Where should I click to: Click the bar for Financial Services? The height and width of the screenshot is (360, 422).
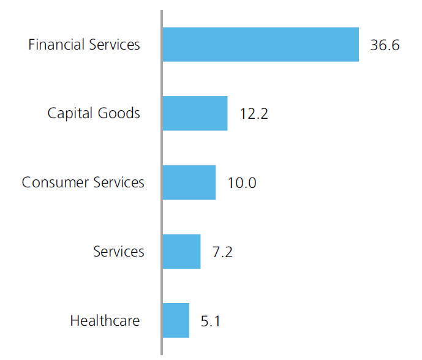point(261,45)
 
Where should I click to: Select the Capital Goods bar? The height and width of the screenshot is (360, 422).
point(195,113)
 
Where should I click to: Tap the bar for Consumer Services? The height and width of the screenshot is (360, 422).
point(189,182)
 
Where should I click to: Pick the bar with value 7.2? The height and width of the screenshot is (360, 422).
point(182,252)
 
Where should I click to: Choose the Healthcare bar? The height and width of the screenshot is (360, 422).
point(176,320)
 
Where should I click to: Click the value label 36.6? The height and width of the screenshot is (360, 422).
point(385,45)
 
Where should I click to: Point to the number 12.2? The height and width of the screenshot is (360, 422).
point(254,113)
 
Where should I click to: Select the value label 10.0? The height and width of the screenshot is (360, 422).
point(242,183)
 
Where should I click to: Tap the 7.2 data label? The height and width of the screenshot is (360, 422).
point(222,252)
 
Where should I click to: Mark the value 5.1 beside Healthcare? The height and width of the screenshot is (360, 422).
point(211,321)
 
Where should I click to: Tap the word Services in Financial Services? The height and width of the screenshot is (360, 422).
point(115,45)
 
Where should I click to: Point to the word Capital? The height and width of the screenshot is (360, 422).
point(70,113)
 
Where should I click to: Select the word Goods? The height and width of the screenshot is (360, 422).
point(119,113)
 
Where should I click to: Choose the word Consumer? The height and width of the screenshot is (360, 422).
point(55,182)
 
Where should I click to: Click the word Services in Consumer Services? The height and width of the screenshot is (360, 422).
point(119,182)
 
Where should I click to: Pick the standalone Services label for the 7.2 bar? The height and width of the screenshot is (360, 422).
point(119,252)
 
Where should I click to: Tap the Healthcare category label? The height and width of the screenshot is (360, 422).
point(105,320)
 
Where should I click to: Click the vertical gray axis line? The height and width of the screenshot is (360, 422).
point(162,182)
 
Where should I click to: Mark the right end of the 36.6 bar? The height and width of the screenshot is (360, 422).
point(359,45)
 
